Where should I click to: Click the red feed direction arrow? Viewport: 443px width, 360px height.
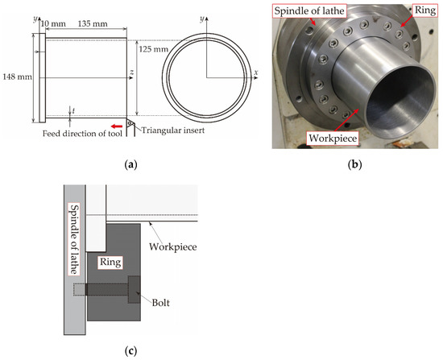coord(118,126)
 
